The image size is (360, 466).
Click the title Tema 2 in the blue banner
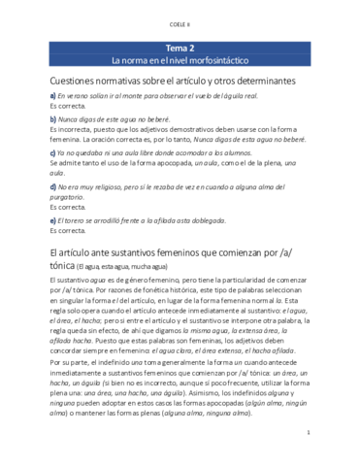(180, 47)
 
